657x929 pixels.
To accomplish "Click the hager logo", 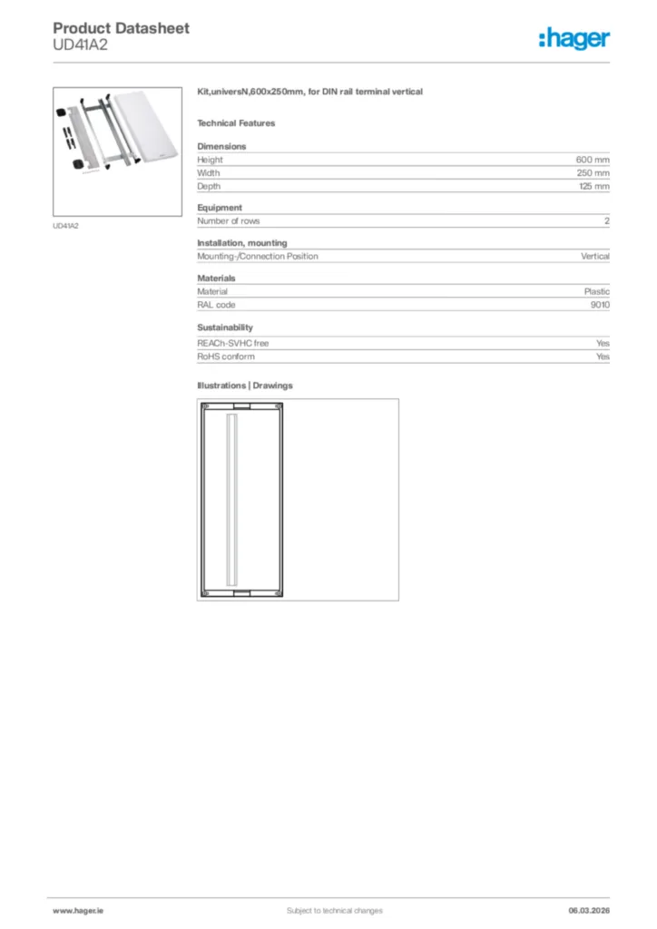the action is point(574,38).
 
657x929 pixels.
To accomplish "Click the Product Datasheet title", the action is point(121,28).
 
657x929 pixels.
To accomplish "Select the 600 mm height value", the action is point(593,160).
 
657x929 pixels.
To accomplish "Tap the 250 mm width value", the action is point(593,172).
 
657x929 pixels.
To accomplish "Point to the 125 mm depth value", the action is point(593,186).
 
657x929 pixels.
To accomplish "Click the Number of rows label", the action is point(229,221).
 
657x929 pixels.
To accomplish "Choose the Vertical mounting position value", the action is point(594,257).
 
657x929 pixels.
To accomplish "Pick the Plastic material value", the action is point(596,292).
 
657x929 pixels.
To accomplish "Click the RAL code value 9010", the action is point(599,305).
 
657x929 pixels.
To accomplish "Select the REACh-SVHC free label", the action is point(233,344).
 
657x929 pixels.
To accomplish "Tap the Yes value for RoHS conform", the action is point(603,357).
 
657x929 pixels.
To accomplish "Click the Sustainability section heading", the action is point(225,328).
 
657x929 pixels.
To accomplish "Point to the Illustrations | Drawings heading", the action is point(245,386).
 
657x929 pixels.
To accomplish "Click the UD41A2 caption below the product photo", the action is point(66,225).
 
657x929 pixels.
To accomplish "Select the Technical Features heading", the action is point(236,123).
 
